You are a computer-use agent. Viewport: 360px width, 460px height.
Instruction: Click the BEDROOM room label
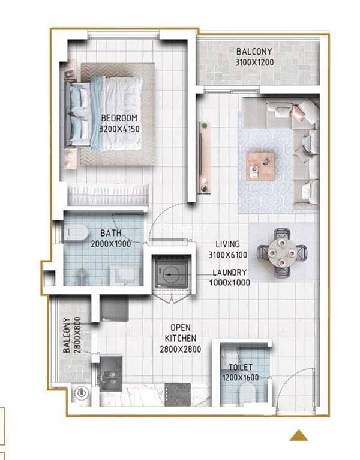tap(119, 118)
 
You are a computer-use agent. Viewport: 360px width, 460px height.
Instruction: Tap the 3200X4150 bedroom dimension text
tap(119, 129)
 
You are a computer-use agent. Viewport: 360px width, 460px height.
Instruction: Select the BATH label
tap(111, 233)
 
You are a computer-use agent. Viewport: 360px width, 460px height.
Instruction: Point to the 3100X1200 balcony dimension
tap(254, 62)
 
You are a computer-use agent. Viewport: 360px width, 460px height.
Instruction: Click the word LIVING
tap(228, 244)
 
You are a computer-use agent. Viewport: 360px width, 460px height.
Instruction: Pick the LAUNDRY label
tap(230, 272)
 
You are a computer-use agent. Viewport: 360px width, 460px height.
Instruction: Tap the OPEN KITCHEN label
tap(180, 333)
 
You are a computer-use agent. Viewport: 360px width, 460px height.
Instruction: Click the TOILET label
tap(241, 367)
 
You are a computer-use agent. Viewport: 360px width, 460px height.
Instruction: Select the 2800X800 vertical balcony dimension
tap(77, 334)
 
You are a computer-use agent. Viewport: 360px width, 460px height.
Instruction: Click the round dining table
tap(282, 253)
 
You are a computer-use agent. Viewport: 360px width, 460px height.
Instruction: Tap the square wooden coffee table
tap(260, 166)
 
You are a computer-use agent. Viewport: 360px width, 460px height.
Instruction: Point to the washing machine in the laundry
tap(172, 272)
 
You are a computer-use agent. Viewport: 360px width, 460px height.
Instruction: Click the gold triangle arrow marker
tap(299, 435)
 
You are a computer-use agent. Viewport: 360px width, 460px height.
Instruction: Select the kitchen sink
tap(111, 374)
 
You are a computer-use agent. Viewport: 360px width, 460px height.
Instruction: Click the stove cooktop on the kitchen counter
tap(178, 395)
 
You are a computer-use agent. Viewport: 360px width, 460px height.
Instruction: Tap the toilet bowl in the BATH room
tap(76, 232)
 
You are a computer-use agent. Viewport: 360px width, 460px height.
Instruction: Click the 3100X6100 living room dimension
tap(228, 255)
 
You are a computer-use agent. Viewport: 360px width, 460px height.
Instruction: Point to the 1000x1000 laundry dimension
tap(230, 282)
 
